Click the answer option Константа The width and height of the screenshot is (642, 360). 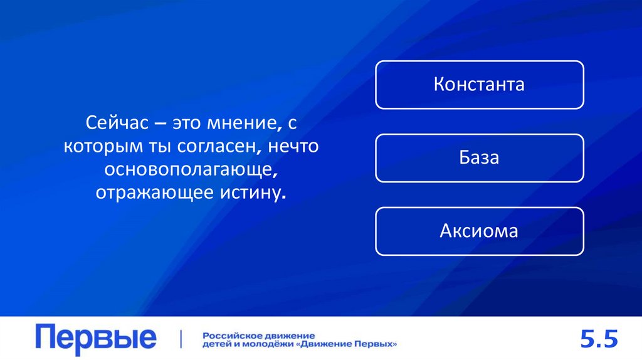(x=479, y=85)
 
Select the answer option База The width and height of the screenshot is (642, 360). (x=479, y=157)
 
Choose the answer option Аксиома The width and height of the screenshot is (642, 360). (x=479, y=231)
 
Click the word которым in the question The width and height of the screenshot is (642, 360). (x=95, y=146)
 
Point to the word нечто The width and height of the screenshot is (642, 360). (x=296, y=146)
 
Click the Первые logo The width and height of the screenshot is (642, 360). (x=96, y=339)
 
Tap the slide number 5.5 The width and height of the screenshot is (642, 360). (x=599, y=339)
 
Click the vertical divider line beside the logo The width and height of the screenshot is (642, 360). (x=181, y=339)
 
